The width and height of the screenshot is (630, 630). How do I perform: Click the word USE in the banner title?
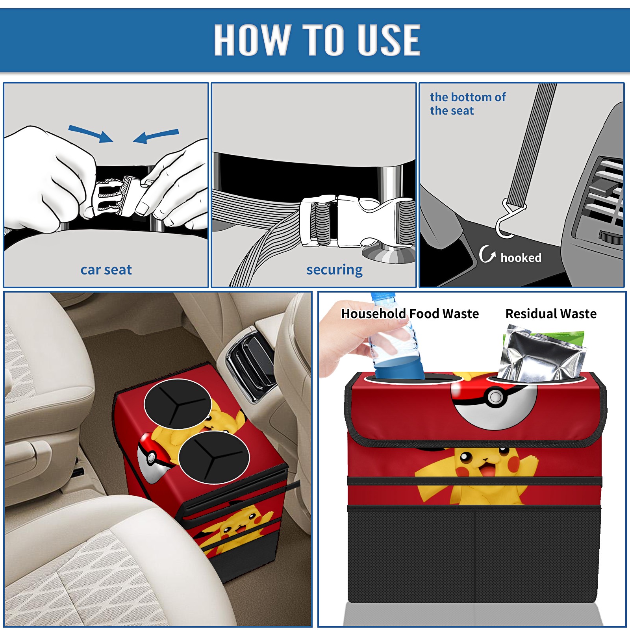click(389, 39)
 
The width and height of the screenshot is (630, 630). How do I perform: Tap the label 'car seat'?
click(106, 270)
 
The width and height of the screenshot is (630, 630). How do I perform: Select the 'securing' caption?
click(334, 270)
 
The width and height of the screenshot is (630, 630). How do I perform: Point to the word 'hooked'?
click(521, 258)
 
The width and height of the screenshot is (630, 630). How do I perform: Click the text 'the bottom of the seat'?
click(468, 104)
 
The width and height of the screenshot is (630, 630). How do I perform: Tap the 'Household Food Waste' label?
click(410, 313)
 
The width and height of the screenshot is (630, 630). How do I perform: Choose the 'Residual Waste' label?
click(551, 313)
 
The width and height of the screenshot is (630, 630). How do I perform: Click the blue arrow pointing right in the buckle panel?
click(91, 133)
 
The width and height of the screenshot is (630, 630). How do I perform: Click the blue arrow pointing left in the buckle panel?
click(156, 136)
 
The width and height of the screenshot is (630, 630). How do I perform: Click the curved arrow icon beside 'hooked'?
click(487, 254)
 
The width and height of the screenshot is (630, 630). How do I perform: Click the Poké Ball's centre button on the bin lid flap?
click(495, 397)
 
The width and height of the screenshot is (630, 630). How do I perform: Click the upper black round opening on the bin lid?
click(178, 404)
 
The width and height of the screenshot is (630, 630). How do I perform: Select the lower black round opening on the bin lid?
click(214, 457)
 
